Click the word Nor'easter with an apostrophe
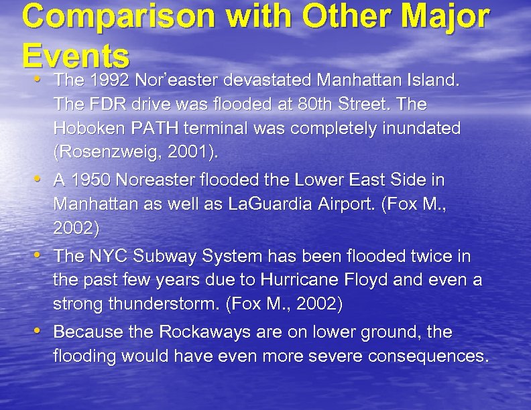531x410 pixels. [x=177, y=80]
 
